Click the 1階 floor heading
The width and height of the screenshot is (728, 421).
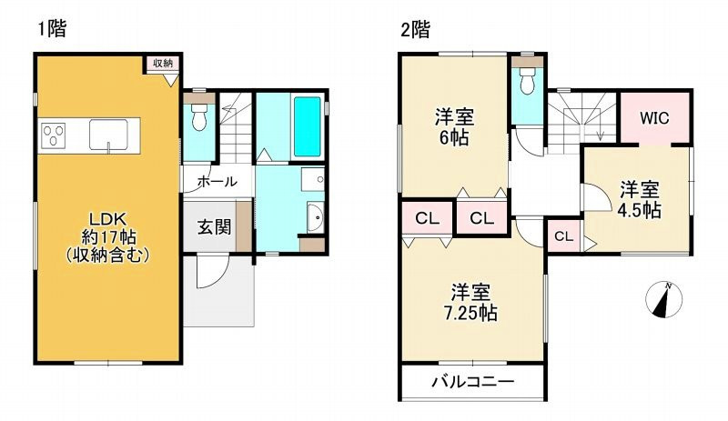tap(53, 28)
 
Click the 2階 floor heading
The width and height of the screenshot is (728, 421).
tap(415, 28)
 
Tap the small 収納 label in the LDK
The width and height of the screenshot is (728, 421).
tap(162, 63)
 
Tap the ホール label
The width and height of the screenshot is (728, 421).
tap(217, 181)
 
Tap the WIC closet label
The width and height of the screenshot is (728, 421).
tap(653, 118)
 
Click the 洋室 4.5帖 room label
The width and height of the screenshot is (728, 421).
tap(640, 199)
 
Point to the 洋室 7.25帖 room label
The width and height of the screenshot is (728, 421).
tap(473, 303)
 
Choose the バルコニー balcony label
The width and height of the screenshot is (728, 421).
tap(472, 381)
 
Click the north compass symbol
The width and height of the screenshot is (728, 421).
tap(662, 302)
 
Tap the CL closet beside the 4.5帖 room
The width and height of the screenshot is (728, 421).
tap(563, 237)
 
